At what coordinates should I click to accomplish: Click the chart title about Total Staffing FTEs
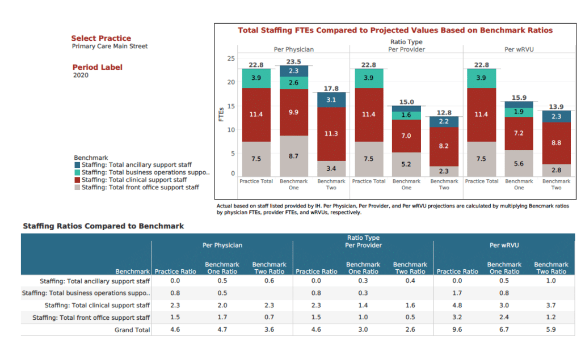pyautogui.click(x=395, y=31)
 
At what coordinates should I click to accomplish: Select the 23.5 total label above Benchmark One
pyautogui.click(x=293, y=62)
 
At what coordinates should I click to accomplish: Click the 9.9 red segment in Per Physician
pyautogui.click(x=293, y=113)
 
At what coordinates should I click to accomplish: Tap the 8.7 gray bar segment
pyautogui.click(x=293, y=155)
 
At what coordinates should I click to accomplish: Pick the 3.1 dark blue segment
pyautogui.click(x=331, y=100)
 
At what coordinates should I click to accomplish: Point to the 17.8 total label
pyautogui.click(x=331, y=88)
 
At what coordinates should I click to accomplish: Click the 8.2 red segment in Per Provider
pyautogui.click(x=444, y=146)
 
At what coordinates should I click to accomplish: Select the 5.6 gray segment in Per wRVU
pyautogui.click(x=519, y=163)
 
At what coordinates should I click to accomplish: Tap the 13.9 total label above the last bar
pyautogui.click(x=557, y=107)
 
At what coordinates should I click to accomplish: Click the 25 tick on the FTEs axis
pyautogui.click(x=230, y=58)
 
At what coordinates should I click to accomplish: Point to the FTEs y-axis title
pyautogui.click(x=221, y=115)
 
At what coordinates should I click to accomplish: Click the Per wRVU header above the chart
pyautogui.click(x=519, y=49)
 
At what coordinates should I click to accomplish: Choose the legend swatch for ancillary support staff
pyautogui.click(x=77, y=165)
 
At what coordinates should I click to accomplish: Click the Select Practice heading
pyautogui.click(x=101, y=38)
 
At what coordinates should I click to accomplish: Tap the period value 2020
pyautogui.click(x=81, y=75)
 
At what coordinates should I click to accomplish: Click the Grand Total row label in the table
pyautogui.click(x=132, y=330)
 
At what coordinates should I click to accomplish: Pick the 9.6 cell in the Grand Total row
pyautogui.click(x=457, y=329)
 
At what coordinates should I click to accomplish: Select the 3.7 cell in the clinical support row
pyautogui.click(x=551, y=306)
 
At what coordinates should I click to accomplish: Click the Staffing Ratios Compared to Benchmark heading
pyautogui.click(x=103, y=226)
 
